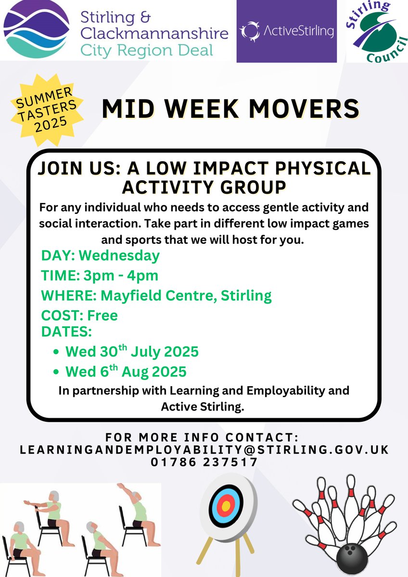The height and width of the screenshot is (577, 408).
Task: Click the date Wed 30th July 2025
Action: (x=132, y=351)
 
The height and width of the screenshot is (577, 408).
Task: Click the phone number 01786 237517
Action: (x=204, y=462)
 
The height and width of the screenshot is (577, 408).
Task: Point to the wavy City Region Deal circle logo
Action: (x=36, y=31)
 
